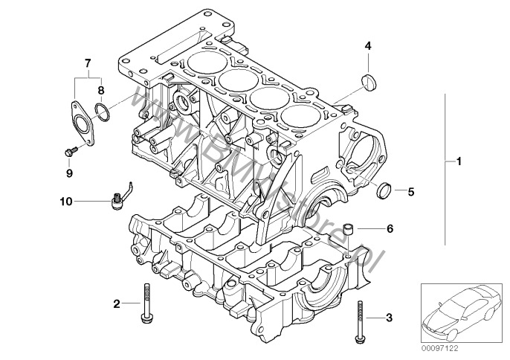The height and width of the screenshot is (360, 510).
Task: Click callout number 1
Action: point(459,161)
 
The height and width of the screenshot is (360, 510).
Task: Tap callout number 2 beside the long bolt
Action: point(116,303)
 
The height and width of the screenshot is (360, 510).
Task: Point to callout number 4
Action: point(367,46)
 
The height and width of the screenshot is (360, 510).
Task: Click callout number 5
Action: point(410,191)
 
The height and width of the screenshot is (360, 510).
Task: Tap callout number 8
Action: point(102,89)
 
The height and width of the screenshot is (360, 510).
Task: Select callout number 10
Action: point(66,201)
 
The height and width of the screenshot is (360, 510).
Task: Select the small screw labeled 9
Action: point(70,152)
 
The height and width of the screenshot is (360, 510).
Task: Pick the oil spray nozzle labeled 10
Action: point(117,199)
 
